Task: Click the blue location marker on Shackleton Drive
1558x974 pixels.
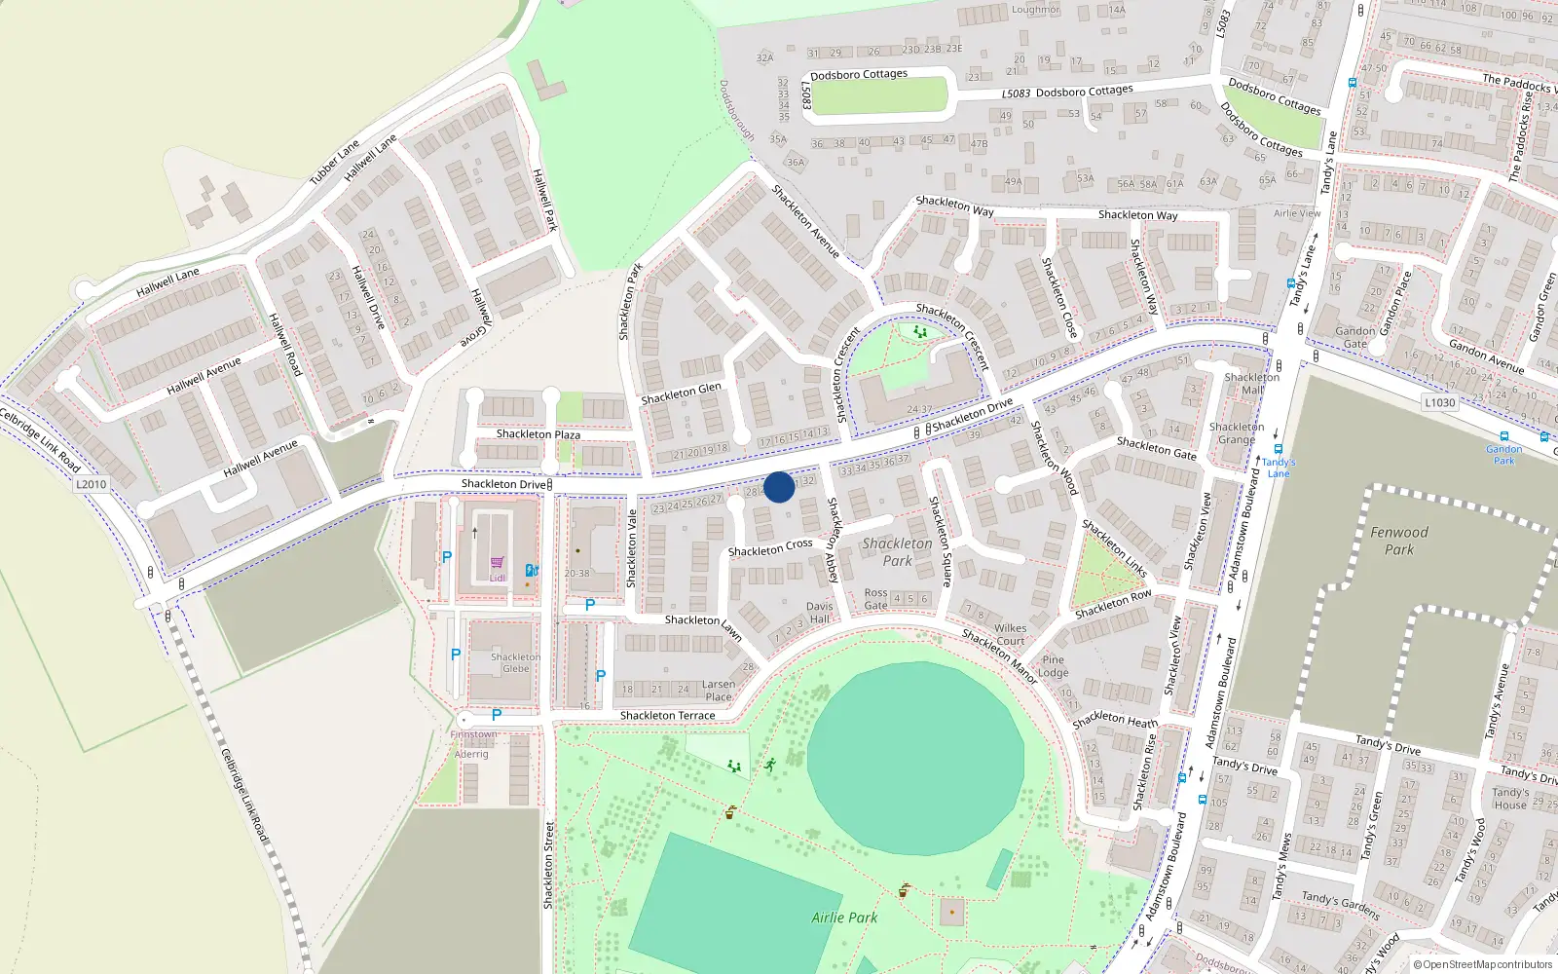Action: pos(779,487)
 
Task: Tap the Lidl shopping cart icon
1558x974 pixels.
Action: pos(498,563)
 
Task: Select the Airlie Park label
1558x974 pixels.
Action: pos(844,918)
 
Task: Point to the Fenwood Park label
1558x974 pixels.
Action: pos(1399,541)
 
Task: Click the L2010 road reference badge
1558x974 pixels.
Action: pos(91,484)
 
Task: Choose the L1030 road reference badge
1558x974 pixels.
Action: pos(1439,402)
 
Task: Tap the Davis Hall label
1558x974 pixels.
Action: pos(820,613)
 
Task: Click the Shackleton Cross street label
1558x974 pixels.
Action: pos(770,548)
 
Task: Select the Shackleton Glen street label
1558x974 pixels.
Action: pos(681,393)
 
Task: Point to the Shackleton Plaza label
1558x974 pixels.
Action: pos(538,434)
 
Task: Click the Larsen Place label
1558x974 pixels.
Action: pos(719,691)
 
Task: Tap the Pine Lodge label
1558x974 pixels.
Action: pos(1053,666)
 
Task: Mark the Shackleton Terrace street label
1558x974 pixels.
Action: pos(667,716)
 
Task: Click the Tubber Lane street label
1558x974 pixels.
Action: pos(334,162)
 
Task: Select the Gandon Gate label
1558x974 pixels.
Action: pos(1355,338)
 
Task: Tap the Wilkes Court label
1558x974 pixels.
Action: pos(1010,635)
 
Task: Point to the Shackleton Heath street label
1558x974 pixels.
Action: pos(1115,721)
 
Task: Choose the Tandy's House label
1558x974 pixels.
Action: pos(1510,799)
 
